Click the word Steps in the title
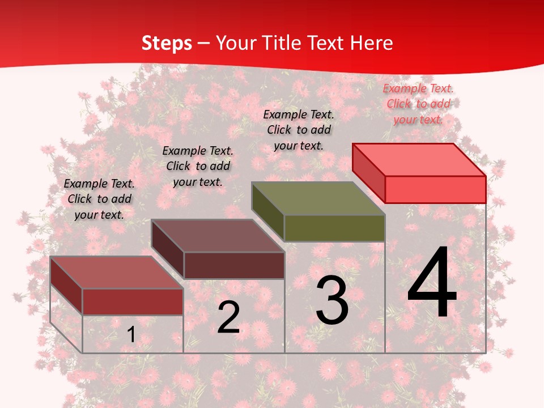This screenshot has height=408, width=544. coord(166,43)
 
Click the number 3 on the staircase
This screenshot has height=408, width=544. coord(332,300)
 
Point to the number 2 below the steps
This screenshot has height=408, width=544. coord(228,317)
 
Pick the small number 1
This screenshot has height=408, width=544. coord(131,334)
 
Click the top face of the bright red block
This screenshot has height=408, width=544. coord(419,159)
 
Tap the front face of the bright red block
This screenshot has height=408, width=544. coord(435,189)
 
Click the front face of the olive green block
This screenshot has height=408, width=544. coord(334,228)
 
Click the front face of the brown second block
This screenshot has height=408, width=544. coord(233,265)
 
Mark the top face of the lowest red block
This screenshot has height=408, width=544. coord(117,272)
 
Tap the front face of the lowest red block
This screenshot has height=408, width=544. coord(133,301)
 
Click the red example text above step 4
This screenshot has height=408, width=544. coord(418,104)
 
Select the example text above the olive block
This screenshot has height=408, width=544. coord(299,130)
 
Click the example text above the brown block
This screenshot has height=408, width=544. coord(198,166)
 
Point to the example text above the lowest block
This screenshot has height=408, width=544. coord(99,199)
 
